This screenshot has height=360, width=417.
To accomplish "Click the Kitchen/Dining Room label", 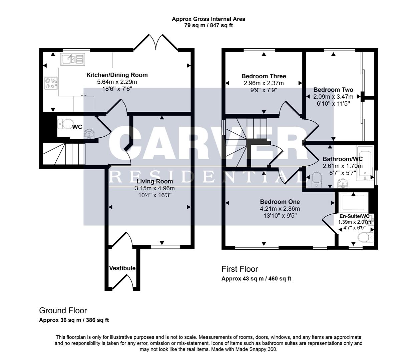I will pos(117,75).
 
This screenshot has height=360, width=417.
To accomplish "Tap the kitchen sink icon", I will pos(72,59).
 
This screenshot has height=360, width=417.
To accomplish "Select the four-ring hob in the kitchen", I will pos(51,83).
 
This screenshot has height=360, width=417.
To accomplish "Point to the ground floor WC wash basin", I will pos(89,134).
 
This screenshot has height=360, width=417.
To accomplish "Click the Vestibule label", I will pos(122,268).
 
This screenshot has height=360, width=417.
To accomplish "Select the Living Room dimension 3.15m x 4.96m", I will pos(154,188).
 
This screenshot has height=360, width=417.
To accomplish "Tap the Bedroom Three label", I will pos(264,76).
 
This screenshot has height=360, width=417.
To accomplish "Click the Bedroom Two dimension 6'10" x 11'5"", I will pos(333,104).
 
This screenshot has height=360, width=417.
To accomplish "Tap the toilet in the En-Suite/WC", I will pos(365,238).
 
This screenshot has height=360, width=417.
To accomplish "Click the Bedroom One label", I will pos(280,202).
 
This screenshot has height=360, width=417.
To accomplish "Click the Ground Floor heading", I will pos(63,311).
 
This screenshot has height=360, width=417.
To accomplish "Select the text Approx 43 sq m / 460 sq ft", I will pos(256,279).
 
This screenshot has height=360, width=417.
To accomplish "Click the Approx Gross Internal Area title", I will pos(208,19).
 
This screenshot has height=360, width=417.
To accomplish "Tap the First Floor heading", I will pos(240,269).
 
